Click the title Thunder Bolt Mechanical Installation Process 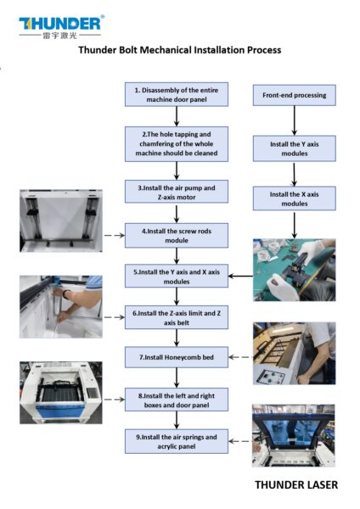(x=179, y=50)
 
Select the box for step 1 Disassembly (x=176, y=94)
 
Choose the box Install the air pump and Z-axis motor (x=176, y=190)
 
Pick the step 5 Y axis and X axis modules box (x=176, y=275)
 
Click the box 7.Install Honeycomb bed (x=176, y=357)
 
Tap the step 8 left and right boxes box (x=176, y=400)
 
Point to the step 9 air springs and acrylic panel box (x=176, y=441)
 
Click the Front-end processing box (x=294, y=94)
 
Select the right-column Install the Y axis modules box (x=294, y=149)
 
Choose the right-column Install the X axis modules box (x=294, y=199)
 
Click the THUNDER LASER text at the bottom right (x=296, y=485)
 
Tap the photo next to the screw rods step (x=60, y=222)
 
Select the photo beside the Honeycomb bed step (x=294, y=352)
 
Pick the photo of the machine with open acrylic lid (x=294, y=435)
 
